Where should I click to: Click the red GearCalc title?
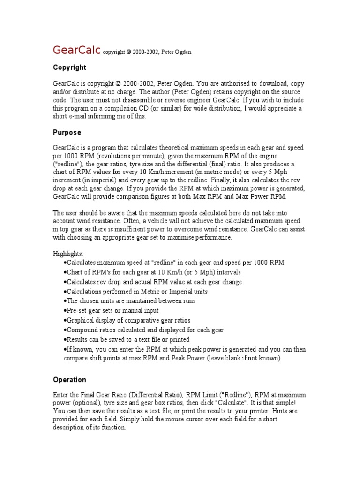coord(77,50)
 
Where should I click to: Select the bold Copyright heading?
coord(69,67)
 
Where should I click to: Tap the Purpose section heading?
coord(67,132)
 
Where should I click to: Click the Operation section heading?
coord(69,380)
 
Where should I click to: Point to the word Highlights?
coord(67,253)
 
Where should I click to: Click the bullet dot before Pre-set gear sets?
coord(65,310)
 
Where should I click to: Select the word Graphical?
coord(81,320)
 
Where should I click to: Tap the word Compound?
coord(82,330)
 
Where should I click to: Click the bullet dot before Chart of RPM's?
coord(65,272)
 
